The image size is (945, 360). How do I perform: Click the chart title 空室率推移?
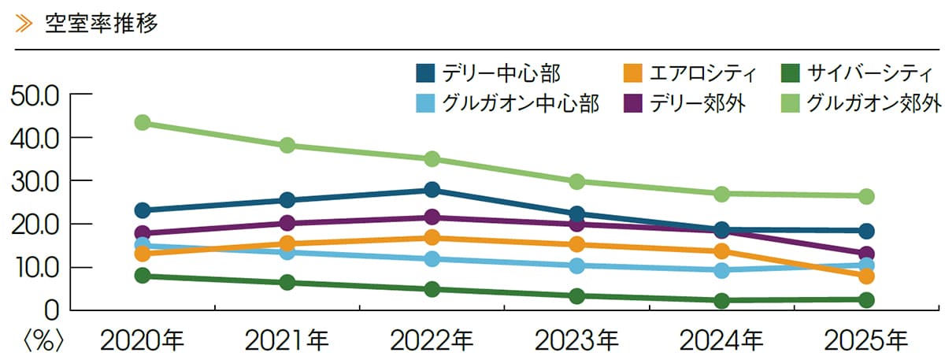point(102,24)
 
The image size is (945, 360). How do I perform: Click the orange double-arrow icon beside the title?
point(24,24)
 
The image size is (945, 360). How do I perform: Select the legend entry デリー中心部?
point(488,73)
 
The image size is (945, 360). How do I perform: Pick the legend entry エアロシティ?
point(689,73)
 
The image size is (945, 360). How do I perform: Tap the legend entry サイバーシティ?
point(857,73)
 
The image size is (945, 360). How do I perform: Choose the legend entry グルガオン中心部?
point(507,103)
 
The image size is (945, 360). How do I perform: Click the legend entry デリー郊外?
point(684,103)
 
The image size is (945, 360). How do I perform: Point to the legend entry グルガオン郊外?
point(861,103)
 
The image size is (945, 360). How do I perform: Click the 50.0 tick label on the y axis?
point(35,97)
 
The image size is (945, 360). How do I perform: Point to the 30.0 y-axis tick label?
point(35,184)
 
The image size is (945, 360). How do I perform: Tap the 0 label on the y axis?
point(51,311)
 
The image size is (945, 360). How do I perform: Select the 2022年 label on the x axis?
point(432,340)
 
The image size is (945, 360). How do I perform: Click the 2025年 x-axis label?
point(865,340)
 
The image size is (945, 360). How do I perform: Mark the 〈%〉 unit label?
point(43,341)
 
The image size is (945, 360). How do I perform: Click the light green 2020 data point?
point(143,123)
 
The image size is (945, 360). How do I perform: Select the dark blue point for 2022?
point(432,190)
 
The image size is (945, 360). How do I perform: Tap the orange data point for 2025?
point(866,276)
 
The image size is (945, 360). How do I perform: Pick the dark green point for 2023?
point(576,296)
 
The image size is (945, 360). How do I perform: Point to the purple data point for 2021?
point(287,222)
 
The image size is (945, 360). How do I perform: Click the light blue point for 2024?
point(722,270)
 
